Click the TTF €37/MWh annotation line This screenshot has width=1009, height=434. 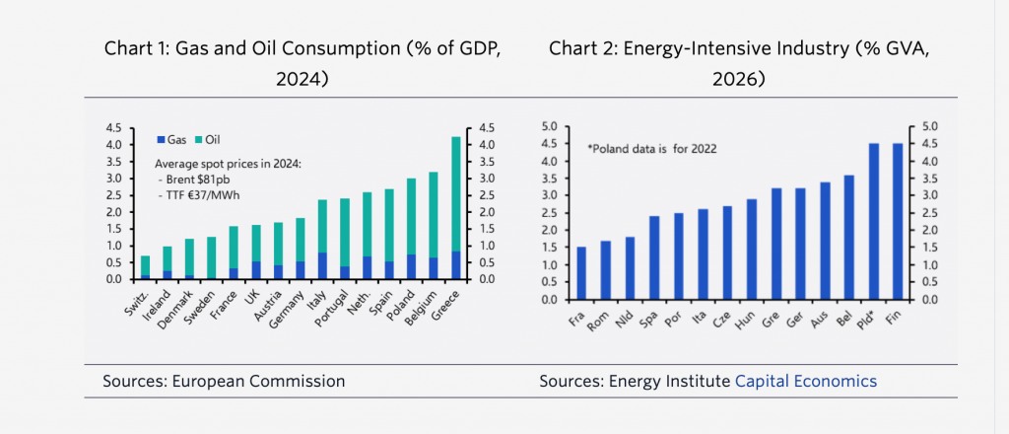[201, 193]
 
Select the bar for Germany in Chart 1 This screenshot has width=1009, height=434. [300, 249]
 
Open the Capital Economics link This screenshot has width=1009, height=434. [806, 381]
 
